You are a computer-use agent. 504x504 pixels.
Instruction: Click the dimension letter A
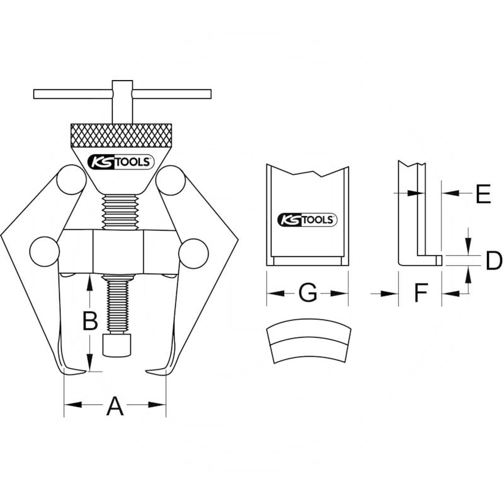114,406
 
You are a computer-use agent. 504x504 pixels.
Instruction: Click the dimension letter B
91,322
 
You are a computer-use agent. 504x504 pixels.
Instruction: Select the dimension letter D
493,260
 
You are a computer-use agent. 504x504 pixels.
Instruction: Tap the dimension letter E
483,195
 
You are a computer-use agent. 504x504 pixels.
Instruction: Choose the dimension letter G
306,293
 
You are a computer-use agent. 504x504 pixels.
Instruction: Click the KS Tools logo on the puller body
120,162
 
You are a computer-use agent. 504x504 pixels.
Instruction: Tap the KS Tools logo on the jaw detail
308,219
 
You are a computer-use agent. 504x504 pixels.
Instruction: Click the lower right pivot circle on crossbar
193,254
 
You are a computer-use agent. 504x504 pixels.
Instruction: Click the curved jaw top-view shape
307,343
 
